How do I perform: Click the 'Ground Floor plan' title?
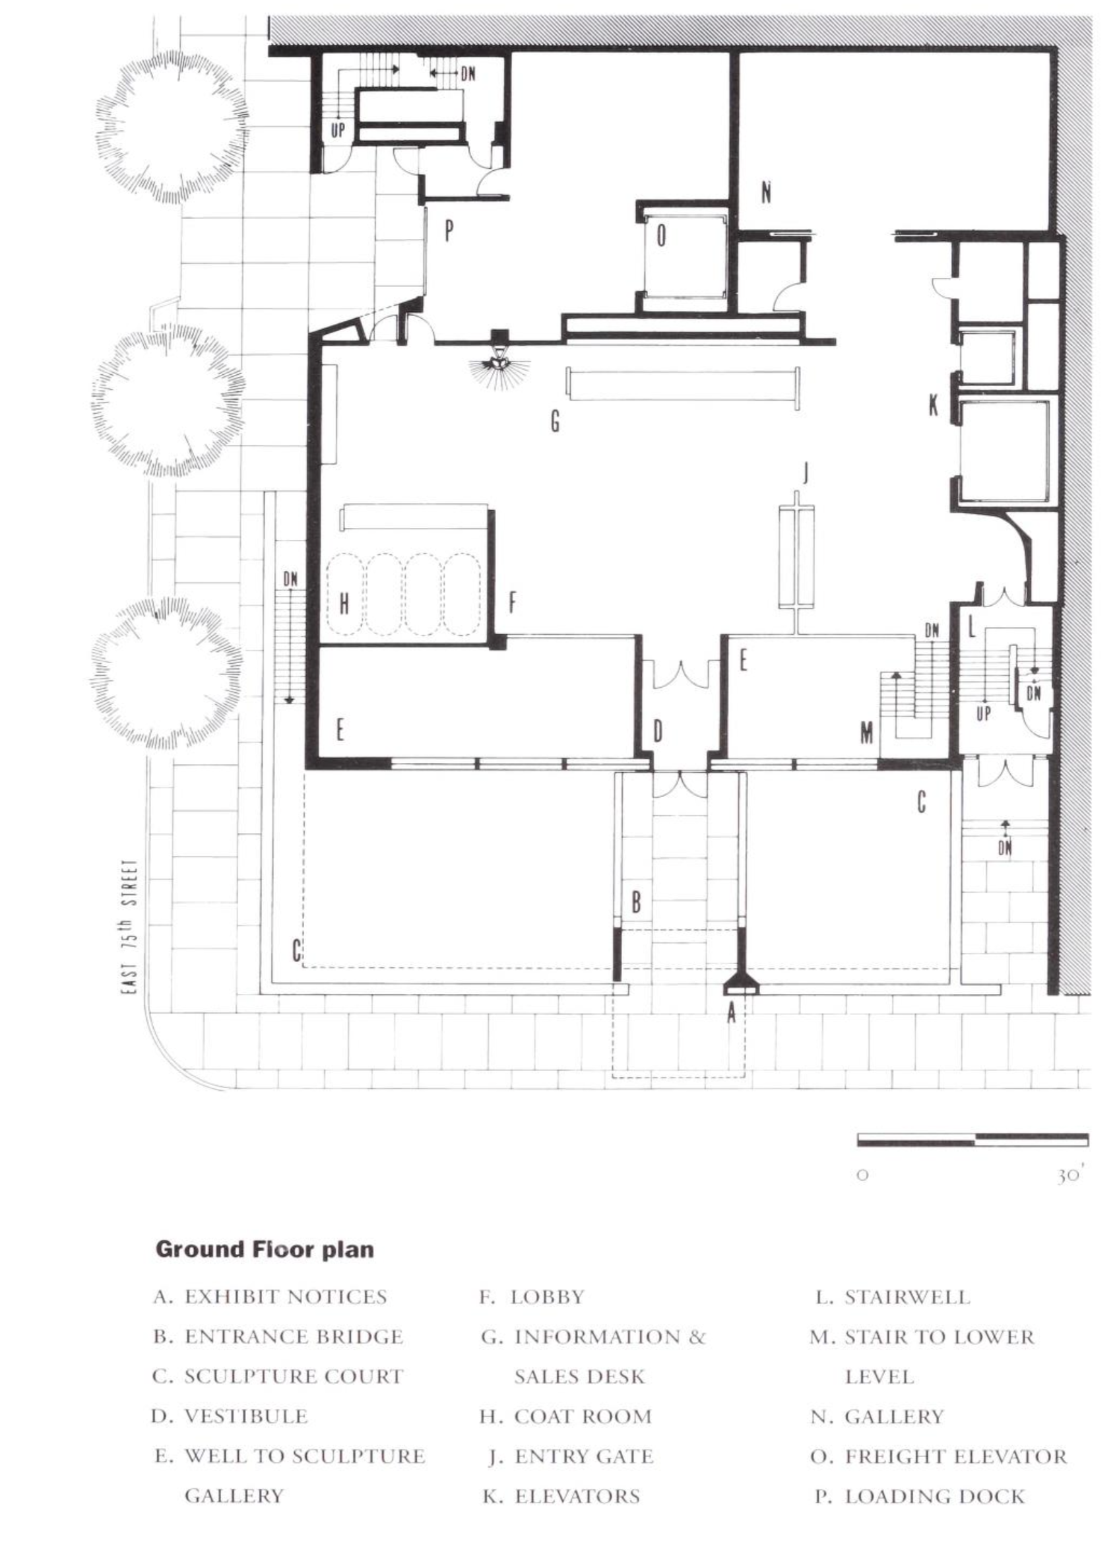[265, 1249]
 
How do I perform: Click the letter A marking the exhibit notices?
[732, 1012]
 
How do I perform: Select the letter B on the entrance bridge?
[637, 902]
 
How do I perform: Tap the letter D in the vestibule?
[658, 732]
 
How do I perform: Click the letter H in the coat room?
[344, 604]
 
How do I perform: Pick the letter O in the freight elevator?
[662, 237]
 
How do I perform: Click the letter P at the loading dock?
[449, 231]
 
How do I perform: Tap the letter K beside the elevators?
[933, 405]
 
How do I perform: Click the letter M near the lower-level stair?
[867, 733]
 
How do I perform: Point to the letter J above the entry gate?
[804, 472]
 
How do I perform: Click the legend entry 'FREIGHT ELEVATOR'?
[955, 1456]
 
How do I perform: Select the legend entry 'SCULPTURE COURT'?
[294, 1377]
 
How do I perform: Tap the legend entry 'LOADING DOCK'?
[935, 1497]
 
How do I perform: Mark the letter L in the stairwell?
[972, 627]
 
